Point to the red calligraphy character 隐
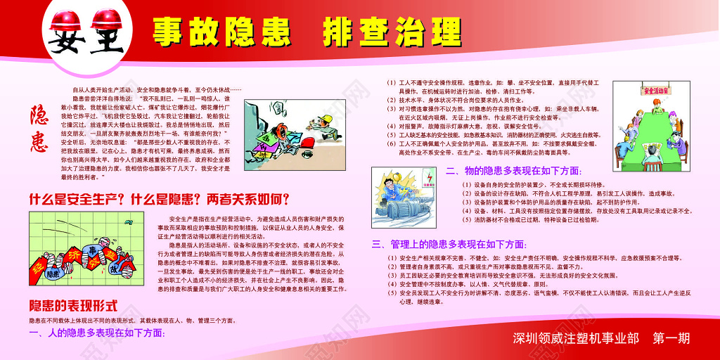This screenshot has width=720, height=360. pos(40,116)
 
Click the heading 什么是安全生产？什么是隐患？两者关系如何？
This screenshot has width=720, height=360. pos(159,199)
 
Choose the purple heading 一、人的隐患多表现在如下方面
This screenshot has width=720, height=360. pos(98,332)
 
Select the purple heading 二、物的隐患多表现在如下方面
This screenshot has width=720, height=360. pos(514,171)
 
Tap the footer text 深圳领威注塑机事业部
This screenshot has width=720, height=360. pos(576,338)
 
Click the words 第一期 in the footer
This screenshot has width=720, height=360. pos(671,338)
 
